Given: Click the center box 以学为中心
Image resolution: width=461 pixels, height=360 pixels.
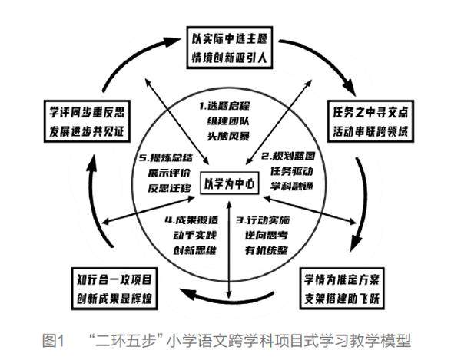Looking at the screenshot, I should (x=230, y=183).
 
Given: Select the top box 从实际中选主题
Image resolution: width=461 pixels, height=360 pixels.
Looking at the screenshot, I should (x=230, y=45).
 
